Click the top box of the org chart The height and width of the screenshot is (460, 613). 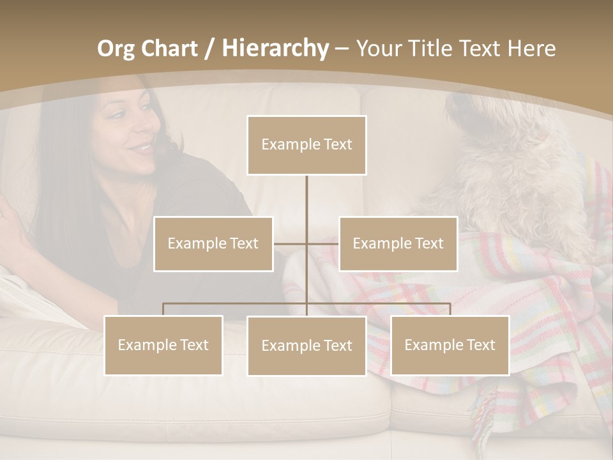coord(306,145)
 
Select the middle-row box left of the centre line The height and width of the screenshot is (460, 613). coord(213,243)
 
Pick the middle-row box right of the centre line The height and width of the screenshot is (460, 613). coord(398,243)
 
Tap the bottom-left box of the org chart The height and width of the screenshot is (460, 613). coord(163,345)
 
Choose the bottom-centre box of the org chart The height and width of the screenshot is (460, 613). coord(306,346)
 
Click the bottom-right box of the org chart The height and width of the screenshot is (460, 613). coord(450,345)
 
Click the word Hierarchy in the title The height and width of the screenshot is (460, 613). coord(275,49)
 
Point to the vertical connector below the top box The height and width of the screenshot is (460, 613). coord(306,195)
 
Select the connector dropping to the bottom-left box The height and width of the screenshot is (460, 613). coord(163,309)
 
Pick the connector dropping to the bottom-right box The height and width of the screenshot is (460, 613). coord(450,309)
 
